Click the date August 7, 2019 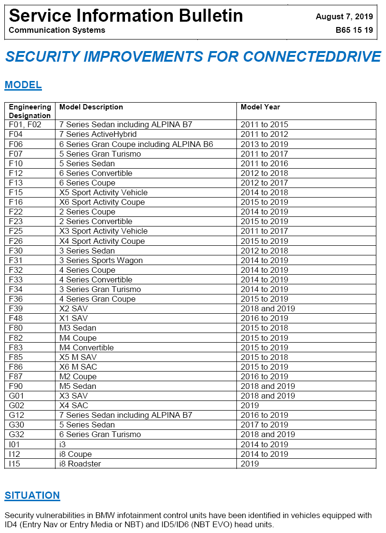point(344,16)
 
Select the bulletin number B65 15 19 point(354,30)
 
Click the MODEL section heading point(23,85)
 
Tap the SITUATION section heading point(32,495)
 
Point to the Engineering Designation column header point(30,111)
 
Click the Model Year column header point(260,107)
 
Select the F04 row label point(16,134)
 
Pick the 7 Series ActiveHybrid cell point(98,134)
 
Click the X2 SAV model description point(73,308)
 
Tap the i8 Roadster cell point(80,464)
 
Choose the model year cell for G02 point(250,405)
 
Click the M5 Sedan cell point(78,386)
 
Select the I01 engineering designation point(14,444)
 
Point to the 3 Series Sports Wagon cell point(101,260)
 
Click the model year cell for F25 point(264,231)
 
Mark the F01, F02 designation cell point(25,124)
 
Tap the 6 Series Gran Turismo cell point(100,434)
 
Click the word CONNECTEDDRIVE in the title point(312,56)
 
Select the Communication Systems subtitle point(57,30)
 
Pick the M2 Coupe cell point(78,376)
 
